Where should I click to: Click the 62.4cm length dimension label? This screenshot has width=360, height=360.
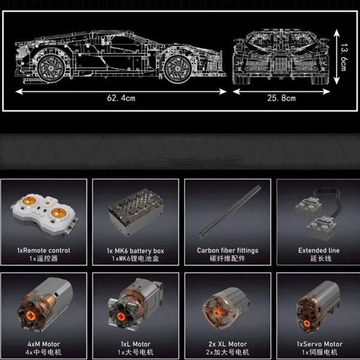click(121, 98)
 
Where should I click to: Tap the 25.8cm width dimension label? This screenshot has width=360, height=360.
click(281, 98)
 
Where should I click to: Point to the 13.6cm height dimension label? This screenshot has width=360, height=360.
click(344, 57)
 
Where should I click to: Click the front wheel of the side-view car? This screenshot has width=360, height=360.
click(178, 68)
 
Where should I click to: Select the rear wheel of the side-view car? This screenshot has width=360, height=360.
click(51, 67)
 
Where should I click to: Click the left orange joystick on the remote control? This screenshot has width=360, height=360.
click(29, 200)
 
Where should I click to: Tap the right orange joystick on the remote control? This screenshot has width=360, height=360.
click(59, 213)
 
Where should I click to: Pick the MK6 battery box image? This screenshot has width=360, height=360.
click(136, 212)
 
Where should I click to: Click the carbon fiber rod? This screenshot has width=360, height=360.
click(229, 212)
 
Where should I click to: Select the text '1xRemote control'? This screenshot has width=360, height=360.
click(44, 250)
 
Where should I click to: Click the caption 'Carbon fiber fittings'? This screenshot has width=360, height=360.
click(227, 250)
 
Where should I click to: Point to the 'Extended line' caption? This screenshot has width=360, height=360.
click(319, 250)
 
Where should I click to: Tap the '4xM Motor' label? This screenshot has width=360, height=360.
click(44, 344)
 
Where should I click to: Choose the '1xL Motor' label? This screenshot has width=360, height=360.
click(136, 344)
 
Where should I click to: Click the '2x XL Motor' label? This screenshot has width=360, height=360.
click(228, 344)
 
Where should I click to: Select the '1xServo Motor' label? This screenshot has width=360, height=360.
click(319, 344)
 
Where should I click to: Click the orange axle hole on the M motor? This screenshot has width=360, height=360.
click(31, 316)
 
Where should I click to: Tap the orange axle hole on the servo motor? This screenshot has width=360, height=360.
click(307, 324)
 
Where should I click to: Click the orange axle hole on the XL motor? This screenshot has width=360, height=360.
click(217, 313)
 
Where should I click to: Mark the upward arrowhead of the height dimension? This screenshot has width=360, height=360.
click(337, 33)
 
